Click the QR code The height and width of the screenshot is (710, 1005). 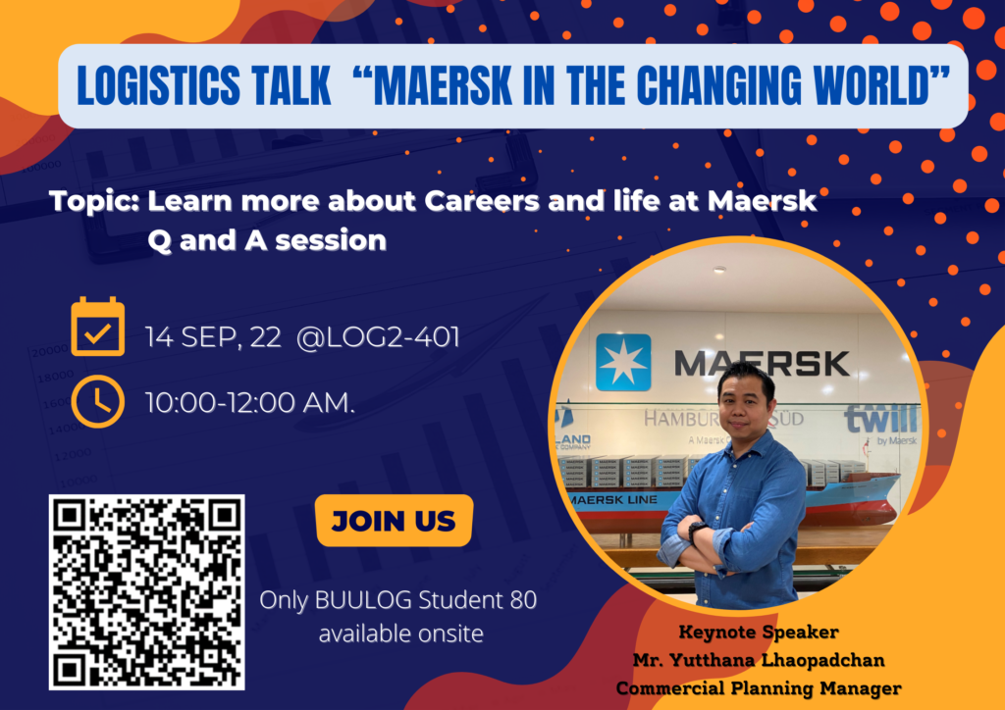point(146,591)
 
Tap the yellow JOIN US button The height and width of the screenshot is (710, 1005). point(394,521)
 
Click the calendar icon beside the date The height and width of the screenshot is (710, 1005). point(98,328)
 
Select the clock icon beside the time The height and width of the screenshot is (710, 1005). point(98,401)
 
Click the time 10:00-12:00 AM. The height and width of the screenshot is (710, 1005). point(250,402)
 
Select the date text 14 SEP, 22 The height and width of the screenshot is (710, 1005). point(208,338)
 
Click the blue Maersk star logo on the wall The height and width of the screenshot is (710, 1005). point(622,360)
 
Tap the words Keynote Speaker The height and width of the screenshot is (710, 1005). point(759,632)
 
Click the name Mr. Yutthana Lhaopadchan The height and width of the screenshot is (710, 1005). point(759,659)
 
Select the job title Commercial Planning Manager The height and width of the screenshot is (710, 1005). point(759,687)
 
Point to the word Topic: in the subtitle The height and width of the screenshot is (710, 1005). point(97,203)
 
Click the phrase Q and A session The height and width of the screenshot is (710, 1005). point(267,239)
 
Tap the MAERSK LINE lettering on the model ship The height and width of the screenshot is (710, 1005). point(609,500)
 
